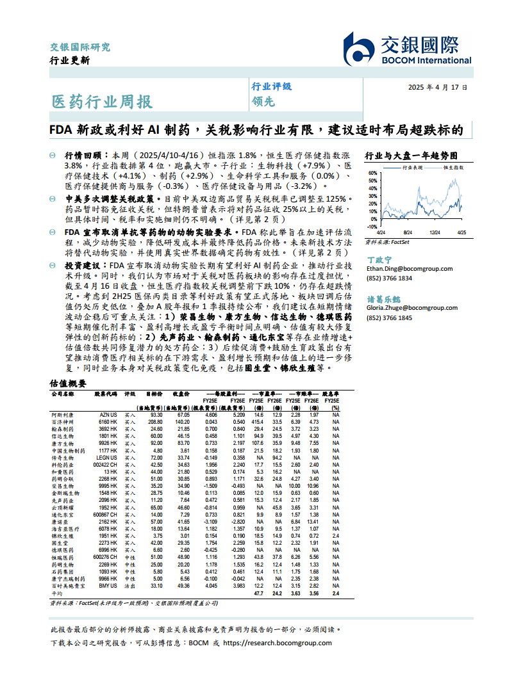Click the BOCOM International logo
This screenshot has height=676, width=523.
pyautogui.click(x=407, y=49)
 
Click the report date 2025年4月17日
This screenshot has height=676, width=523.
pyautogui.click(x=438, y=88)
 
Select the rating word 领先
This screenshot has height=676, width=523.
pyautogui.click(x=262, y=101)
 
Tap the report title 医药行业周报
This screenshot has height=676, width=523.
pyautogui.click(x=102, y=101)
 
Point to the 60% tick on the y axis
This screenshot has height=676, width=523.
pyautogui.click(x=372, y=173)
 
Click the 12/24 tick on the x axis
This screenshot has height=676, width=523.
pyautogui.click(x=435, y=232)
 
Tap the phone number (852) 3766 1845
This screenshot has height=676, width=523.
pyautogui.click(x=389, y=318)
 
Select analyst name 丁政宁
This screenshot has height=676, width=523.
pyautogui.click(x=379, y=260)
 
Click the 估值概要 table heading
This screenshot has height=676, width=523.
pyautogui.click(x=67, y=383)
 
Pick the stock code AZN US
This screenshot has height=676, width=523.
pyautogui.click(x=108, y=415)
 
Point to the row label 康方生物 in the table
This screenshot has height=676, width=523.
pyautogui.click(x=62, y=442)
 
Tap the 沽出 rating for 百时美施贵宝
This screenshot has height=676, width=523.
pyautogui.click(x=130, y=585)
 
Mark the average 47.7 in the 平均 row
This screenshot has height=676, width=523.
pyautogui.click(x=258, y=593)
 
